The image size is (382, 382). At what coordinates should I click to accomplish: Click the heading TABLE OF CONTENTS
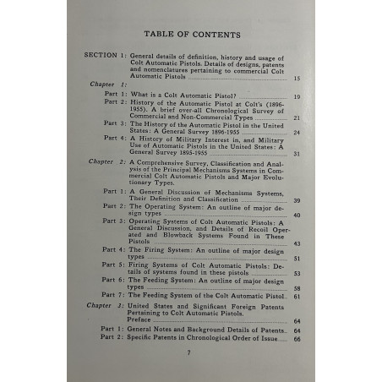point(192,34)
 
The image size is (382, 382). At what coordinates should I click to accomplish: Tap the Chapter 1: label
point(108,85)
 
